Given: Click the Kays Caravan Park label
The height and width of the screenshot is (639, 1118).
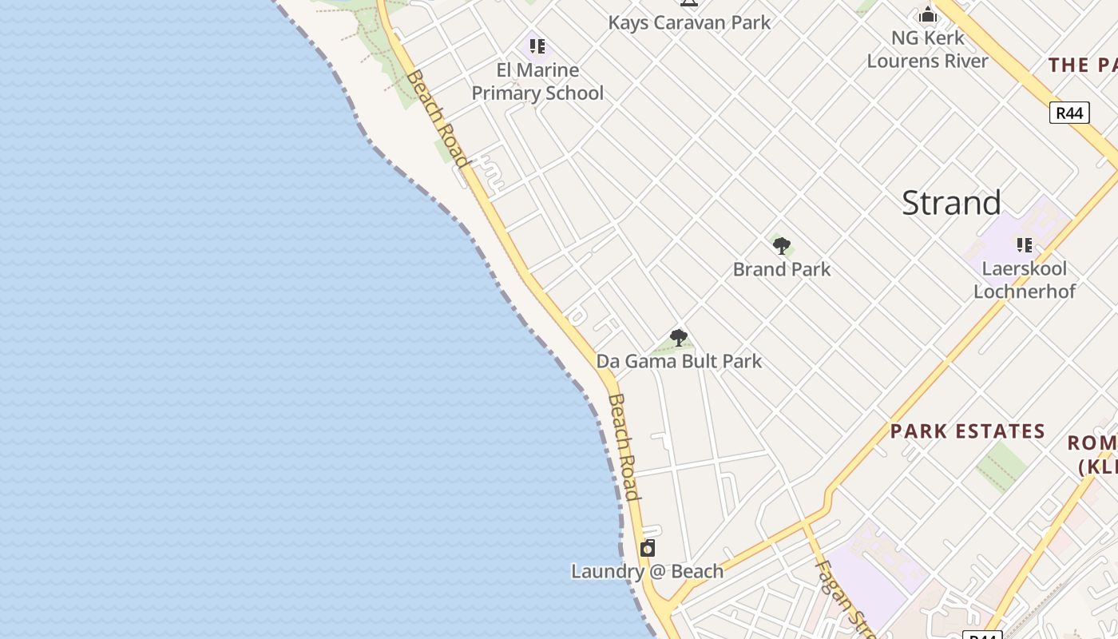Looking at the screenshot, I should point(689,22).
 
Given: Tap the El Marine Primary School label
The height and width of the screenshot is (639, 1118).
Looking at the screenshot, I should point(537,81).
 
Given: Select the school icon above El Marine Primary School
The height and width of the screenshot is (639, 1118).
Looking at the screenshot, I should point(537,46).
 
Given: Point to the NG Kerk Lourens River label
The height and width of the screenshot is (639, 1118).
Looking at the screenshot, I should point(927,50).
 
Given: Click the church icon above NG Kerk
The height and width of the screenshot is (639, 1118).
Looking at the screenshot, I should point(927,14).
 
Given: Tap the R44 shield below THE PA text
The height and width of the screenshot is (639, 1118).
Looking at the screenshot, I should point(1069,113).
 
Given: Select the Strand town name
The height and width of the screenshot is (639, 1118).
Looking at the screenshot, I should point(951,203).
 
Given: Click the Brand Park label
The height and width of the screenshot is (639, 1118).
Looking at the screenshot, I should point(782,269).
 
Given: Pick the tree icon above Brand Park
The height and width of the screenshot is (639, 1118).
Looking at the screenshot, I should point(782,246).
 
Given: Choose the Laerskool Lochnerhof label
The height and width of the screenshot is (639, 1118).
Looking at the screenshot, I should point(1025,280).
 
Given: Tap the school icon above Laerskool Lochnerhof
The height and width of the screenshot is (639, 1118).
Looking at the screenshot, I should point(1025,244).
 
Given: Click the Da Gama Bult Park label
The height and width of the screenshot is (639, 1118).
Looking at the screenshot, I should point(679,361).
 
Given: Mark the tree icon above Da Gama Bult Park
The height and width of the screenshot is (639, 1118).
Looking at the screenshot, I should point(679,338).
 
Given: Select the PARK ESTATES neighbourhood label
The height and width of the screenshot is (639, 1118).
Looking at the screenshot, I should point(968,431).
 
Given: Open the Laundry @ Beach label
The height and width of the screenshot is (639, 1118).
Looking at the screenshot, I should point(647,571).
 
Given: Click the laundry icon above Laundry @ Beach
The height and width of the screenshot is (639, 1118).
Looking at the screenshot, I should point(648,548).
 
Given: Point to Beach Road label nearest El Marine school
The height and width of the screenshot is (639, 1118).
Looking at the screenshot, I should point(437,118).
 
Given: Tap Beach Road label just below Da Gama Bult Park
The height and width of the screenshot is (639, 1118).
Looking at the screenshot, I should point(624,447).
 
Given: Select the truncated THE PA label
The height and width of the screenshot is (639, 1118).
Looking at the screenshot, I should point(1082,65).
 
